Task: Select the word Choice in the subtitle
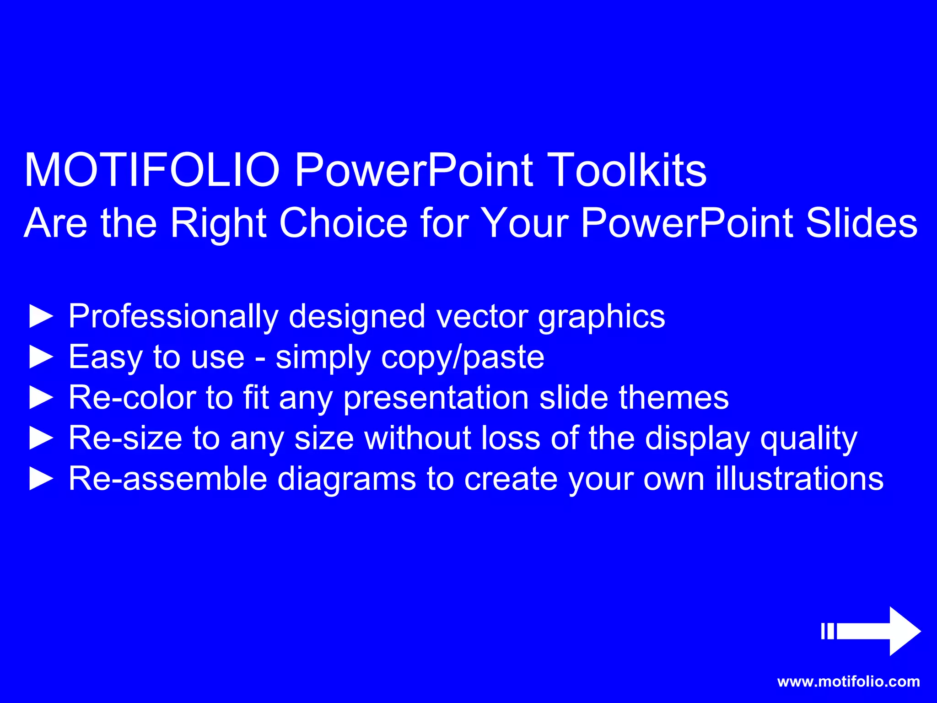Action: (x=343, y=223)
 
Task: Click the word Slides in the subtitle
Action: (x=861, y=223)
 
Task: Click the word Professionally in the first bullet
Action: (x=173, y=317)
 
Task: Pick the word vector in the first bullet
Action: (x=482, y=317)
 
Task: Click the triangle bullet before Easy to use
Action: (x=41, y=357)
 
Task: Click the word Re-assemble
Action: (x=167, y=479)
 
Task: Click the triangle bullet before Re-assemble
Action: (x=41, y=479)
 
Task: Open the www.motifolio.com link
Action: (x=848, y=681)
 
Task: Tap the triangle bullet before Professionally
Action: (x=41, y=317)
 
